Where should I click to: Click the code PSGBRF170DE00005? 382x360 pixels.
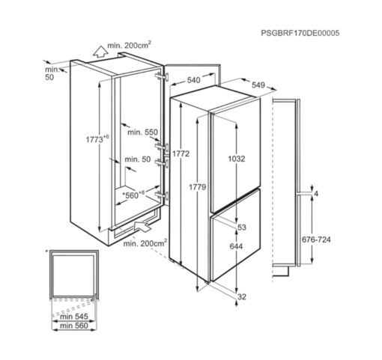point(300,33)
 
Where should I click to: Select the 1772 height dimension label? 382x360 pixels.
point(181,153)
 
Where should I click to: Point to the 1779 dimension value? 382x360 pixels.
point(197,186)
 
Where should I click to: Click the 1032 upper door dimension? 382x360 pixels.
point(237,159)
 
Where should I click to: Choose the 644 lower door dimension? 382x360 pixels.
point(236,246)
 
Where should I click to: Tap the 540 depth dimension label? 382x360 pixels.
point(193,80)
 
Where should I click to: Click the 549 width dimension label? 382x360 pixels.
point(258,85)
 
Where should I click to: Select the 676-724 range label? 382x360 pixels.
point(316,240)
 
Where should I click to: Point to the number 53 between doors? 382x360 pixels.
point(242,228)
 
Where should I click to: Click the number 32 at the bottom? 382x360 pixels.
point(242,296)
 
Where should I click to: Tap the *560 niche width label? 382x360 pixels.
point(133,195)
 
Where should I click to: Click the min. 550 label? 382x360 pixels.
point(142,132)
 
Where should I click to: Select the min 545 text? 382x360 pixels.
point(74,317)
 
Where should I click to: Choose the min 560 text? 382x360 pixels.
point(74,326)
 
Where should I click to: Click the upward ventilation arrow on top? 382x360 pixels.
point(100,52)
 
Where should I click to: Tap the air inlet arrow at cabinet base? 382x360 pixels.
point(142,226)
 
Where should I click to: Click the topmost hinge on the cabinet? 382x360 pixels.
point(162,76)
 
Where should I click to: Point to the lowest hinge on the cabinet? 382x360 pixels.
point(162,195)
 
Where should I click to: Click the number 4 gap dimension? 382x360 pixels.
point(316,194)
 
